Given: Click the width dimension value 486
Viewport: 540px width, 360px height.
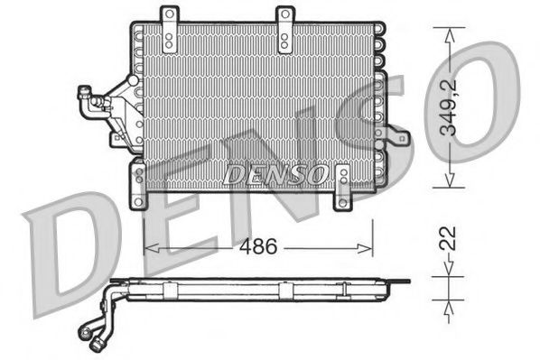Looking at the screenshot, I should [x=258, y=245].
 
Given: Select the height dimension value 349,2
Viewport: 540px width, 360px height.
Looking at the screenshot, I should [x=461, y=107].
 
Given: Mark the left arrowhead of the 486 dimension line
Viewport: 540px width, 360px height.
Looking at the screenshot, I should [x=150, y=245].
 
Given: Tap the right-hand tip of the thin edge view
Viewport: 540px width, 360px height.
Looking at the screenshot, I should [x=408, y=282].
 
